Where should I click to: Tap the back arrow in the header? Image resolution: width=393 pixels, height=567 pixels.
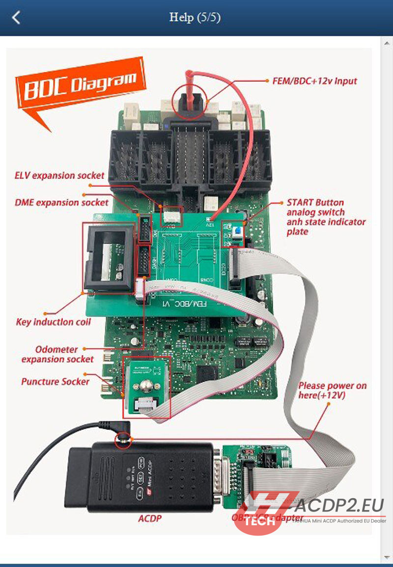pos(16,18)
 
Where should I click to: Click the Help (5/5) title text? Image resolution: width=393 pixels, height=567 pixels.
pos(195,18)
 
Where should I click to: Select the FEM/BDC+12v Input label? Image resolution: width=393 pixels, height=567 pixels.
pos(314,81)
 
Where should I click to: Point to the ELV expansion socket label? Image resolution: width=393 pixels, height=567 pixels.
pos(59,175)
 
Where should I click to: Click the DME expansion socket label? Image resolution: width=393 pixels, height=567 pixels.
pos(61,202)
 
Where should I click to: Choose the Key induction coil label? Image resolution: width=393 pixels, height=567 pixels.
pos(53,322)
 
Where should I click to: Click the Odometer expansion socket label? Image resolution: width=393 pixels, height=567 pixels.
pos(57,354)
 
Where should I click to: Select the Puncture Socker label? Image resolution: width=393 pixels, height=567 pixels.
pos(55,382)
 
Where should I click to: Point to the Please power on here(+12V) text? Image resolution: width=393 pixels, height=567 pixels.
pos(332,390)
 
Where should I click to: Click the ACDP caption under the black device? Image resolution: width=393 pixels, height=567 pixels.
pos(149,519)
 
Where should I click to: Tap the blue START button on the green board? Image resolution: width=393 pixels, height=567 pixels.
pos(238,231)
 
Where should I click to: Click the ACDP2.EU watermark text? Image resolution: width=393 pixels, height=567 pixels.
pos(339,506)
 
